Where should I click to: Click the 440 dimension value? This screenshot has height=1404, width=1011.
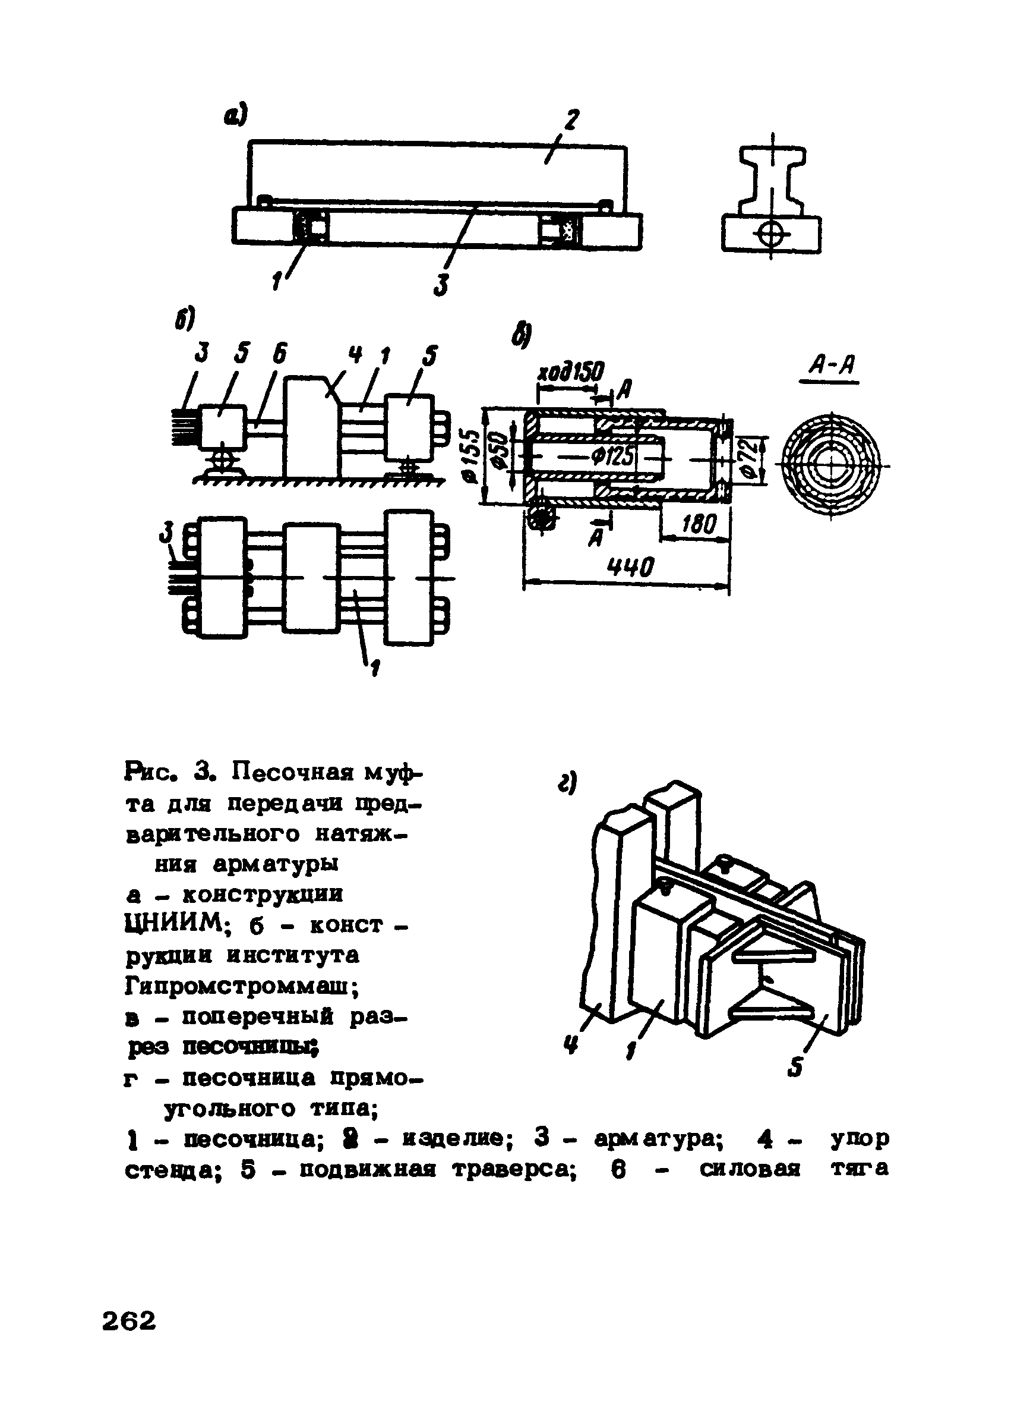pyautogui.click(x=630, y=566)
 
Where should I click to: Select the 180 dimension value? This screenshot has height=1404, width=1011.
pyautogui.click(x=698, y=525)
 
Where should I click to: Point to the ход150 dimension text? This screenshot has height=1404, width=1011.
pyautogui.click(x=570, y=373)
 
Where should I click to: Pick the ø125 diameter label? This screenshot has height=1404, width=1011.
pyautogui.click(x=613, y=457)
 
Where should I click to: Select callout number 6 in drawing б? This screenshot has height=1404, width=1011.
pyautogui.click(x=280, y=354)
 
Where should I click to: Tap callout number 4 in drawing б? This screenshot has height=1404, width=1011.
pyautogui.click(x=355, y=355)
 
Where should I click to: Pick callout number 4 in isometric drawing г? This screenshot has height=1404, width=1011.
pyautogui.click(x=569, y=1047)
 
